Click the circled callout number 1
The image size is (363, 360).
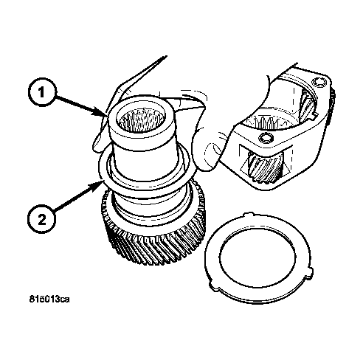pos(42,92)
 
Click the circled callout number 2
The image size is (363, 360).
pos(41,220)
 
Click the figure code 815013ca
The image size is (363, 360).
pos(49,300)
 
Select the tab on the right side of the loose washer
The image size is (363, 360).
pos(310,272)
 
